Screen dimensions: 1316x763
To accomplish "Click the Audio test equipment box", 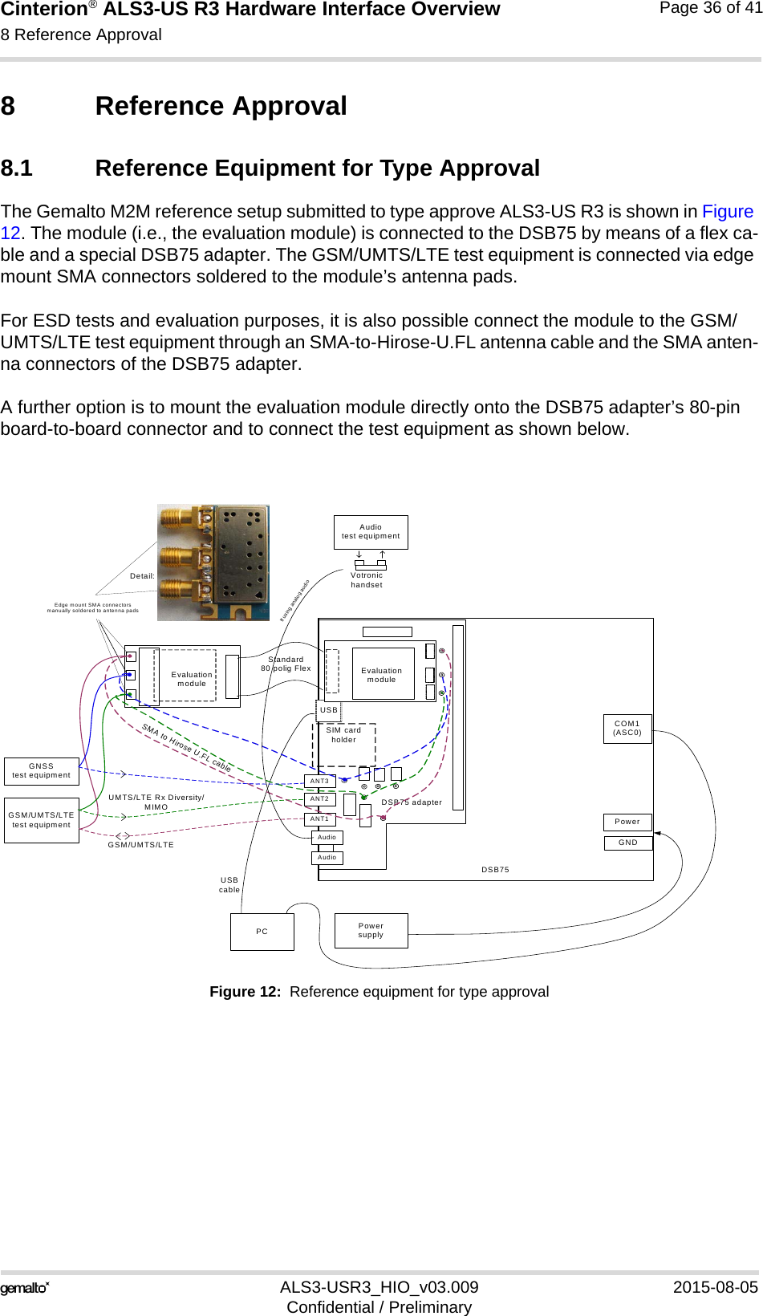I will [371, 532].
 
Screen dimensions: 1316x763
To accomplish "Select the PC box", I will [262, 932].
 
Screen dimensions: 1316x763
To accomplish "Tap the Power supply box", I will [371, 931].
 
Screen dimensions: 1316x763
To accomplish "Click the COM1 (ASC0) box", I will [627, 729].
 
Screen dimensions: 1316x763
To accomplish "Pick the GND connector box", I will [627, 843].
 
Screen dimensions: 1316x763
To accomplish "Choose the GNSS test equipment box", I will [42, 771].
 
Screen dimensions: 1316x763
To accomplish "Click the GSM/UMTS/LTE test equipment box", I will [42, 820].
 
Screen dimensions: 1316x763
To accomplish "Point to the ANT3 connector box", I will [319, 781].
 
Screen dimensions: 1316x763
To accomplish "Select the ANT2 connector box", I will [319, 799].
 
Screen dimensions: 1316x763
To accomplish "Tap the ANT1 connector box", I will [319, 819].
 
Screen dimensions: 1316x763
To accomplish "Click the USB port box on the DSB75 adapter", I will [329, 710].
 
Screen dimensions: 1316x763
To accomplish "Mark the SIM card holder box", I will [343, 743].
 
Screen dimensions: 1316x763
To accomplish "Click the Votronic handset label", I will [367, 580].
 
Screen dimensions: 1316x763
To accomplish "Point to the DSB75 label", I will [495, 870].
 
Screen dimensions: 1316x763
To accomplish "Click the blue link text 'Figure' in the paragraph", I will [728, 212].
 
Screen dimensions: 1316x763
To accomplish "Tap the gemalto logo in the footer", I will [25, 1289].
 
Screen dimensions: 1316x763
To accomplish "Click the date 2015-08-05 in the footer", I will [715, 1287].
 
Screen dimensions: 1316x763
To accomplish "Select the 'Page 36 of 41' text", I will [710, 8].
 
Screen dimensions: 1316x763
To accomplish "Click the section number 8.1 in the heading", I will [17, 169].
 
